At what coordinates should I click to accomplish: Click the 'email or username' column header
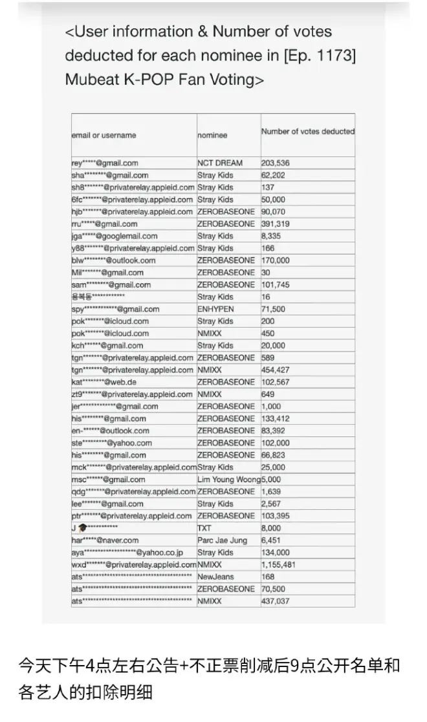[x=104, y=135]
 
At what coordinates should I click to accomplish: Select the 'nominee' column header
[x=212, y=135]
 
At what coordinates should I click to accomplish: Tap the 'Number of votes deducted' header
[x=308, y=131]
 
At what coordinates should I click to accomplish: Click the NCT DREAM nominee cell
[x=220, y=163]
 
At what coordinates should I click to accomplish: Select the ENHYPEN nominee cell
[x=215, y=309]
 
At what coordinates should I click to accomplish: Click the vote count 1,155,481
[x=279, y=564]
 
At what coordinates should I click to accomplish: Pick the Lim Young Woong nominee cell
[x=228, y=480]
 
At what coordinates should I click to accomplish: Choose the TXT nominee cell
[x=204, y=528]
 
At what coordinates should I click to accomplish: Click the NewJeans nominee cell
[x=215, y=577]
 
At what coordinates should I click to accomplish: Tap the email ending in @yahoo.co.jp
[x=127, y=553]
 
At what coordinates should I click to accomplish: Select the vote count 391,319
[x=275, y=224]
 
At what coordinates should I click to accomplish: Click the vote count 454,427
[x=275, y=370]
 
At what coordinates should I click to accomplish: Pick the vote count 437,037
[x=275, y=601]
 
